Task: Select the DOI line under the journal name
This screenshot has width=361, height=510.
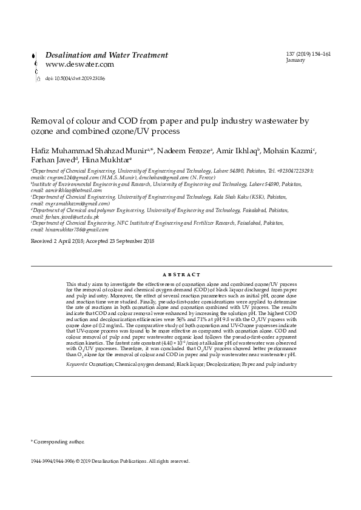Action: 75,78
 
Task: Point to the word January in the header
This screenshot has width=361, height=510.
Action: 295,61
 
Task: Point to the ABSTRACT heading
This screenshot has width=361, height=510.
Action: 180,274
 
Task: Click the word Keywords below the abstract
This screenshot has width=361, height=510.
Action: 77,365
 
